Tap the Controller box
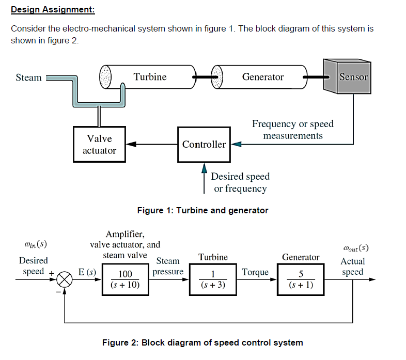click(204, 144)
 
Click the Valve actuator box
click(99, 144)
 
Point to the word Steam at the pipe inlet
click(28, 77)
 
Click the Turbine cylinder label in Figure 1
click(150, 77)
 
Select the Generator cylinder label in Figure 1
click(263, 77)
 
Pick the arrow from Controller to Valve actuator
click(152, 144)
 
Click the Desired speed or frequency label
click(240, 182)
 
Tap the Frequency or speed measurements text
click(293, 130)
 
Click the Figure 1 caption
click(202, 210)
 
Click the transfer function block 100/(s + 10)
click(126, 279)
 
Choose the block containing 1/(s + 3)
click(213, 279)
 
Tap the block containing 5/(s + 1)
click(301, 279)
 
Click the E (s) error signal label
click(87, 272)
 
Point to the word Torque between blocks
click(255, 272)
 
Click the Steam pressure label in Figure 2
click(168, 267)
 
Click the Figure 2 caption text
click(202, 342)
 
